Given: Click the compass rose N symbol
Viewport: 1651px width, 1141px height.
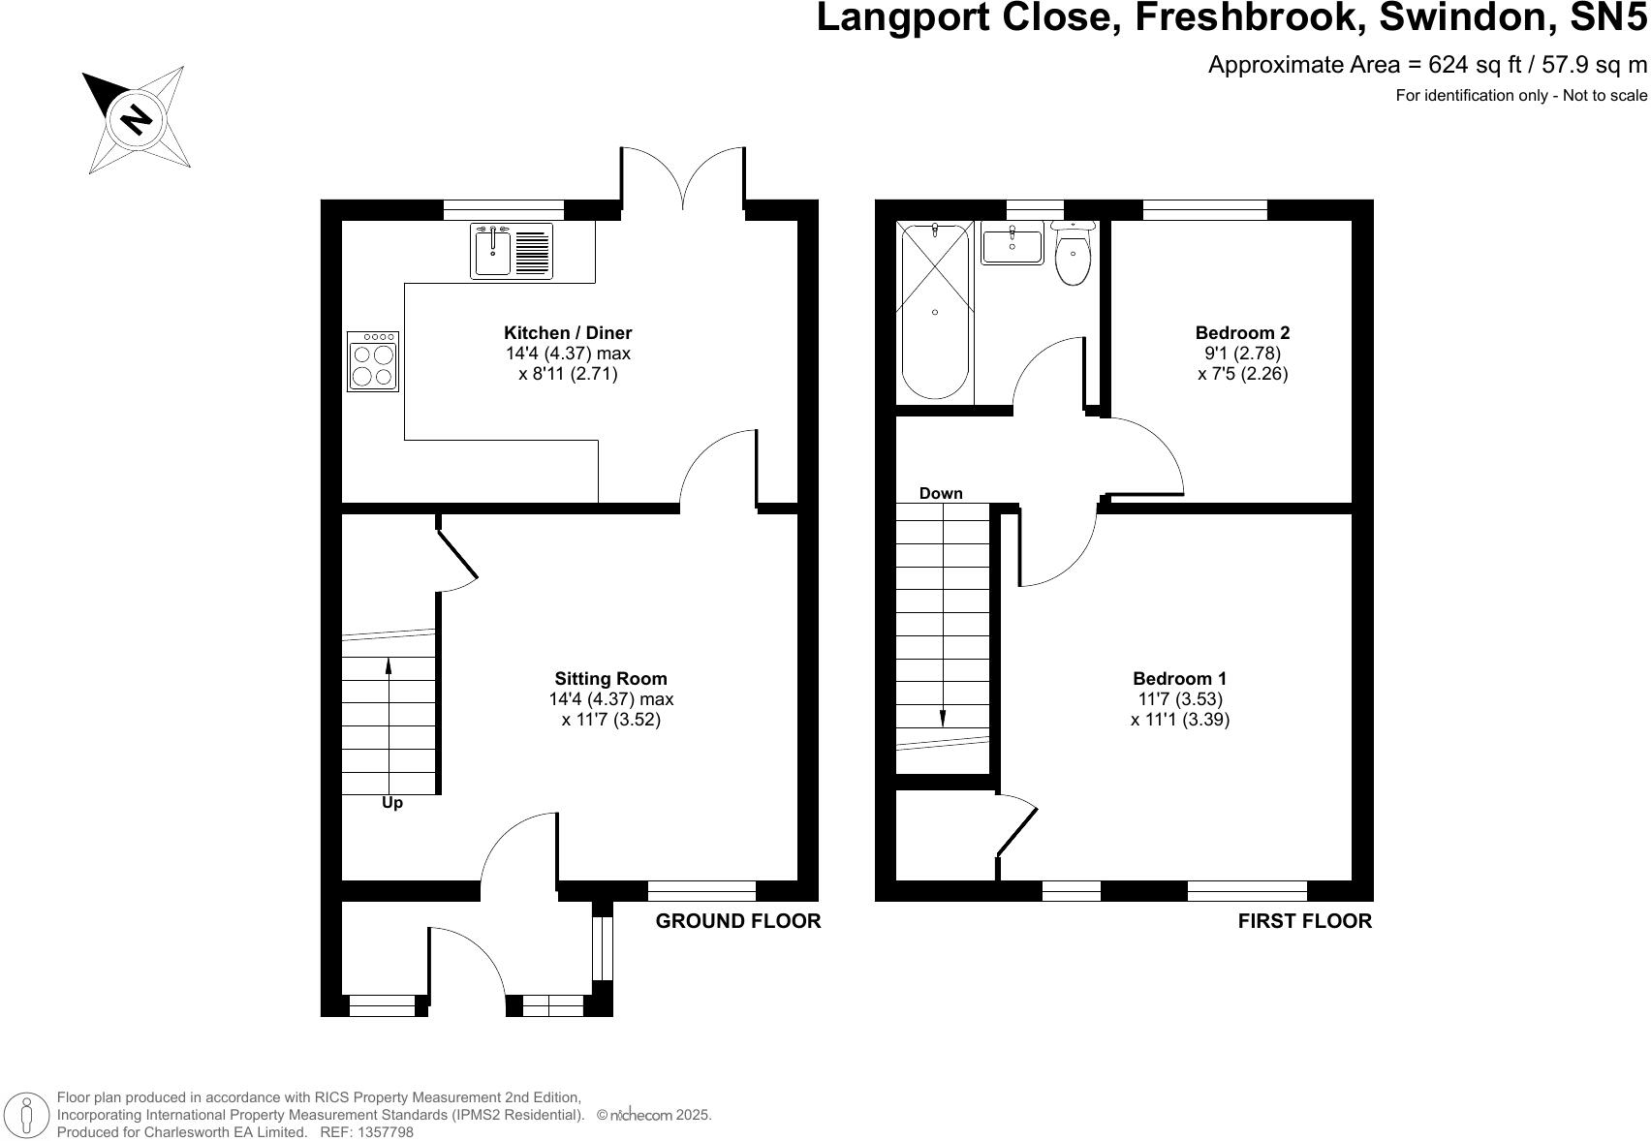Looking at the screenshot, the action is point(137,119).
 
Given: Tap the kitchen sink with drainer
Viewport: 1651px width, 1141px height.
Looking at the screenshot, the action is point(512,251).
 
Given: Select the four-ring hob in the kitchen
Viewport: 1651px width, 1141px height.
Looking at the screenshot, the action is point(373,361).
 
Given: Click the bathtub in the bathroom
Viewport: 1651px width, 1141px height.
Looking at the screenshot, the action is point(935,312).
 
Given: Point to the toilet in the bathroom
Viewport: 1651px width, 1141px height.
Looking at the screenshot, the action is point(1074,253).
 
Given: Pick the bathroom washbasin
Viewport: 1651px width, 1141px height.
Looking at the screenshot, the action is point(1012,244).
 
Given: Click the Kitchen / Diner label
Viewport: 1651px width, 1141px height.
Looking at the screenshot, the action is point(568,333).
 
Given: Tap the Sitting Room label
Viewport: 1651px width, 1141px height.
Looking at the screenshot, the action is point(611,678).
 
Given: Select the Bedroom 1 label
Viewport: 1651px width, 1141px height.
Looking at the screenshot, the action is point(1179,678).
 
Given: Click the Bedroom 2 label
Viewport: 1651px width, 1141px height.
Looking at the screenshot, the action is point(1243,333).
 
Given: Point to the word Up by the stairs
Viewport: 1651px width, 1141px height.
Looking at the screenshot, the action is point(392,803).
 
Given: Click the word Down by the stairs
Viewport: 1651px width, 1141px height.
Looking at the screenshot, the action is point(941,494).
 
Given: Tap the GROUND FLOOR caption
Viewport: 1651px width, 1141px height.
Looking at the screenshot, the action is point(737,921).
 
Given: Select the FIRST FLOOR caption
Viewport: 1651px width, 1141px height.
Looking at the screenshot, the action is point(1304,921).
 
